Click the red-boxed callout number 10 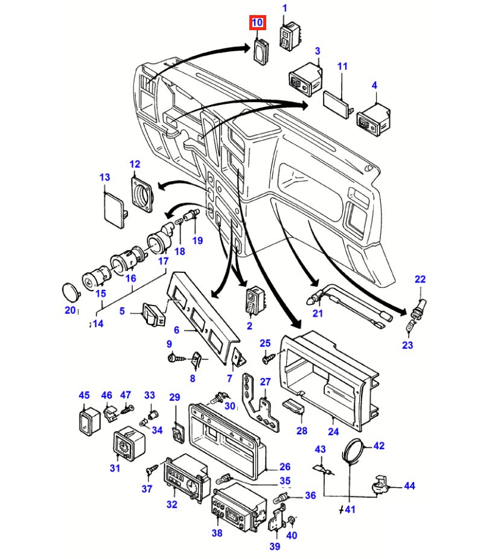coord(257,23)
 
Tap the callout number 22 coord(420,279)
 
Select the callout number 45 coord(84,395)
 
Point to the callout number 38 coord(217,533)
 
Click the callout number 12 coord(135,164)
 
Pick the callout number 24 coord(333,432)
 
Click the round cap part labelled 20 coord(71,293)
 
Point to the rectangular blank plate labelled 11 coord(337,104)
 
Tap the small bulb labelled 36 coord(281,497)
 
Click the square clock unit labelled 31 coord(129,444)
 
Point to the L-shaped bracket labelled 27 coord(260,403)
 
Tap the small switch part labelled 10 coord(261,52)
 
